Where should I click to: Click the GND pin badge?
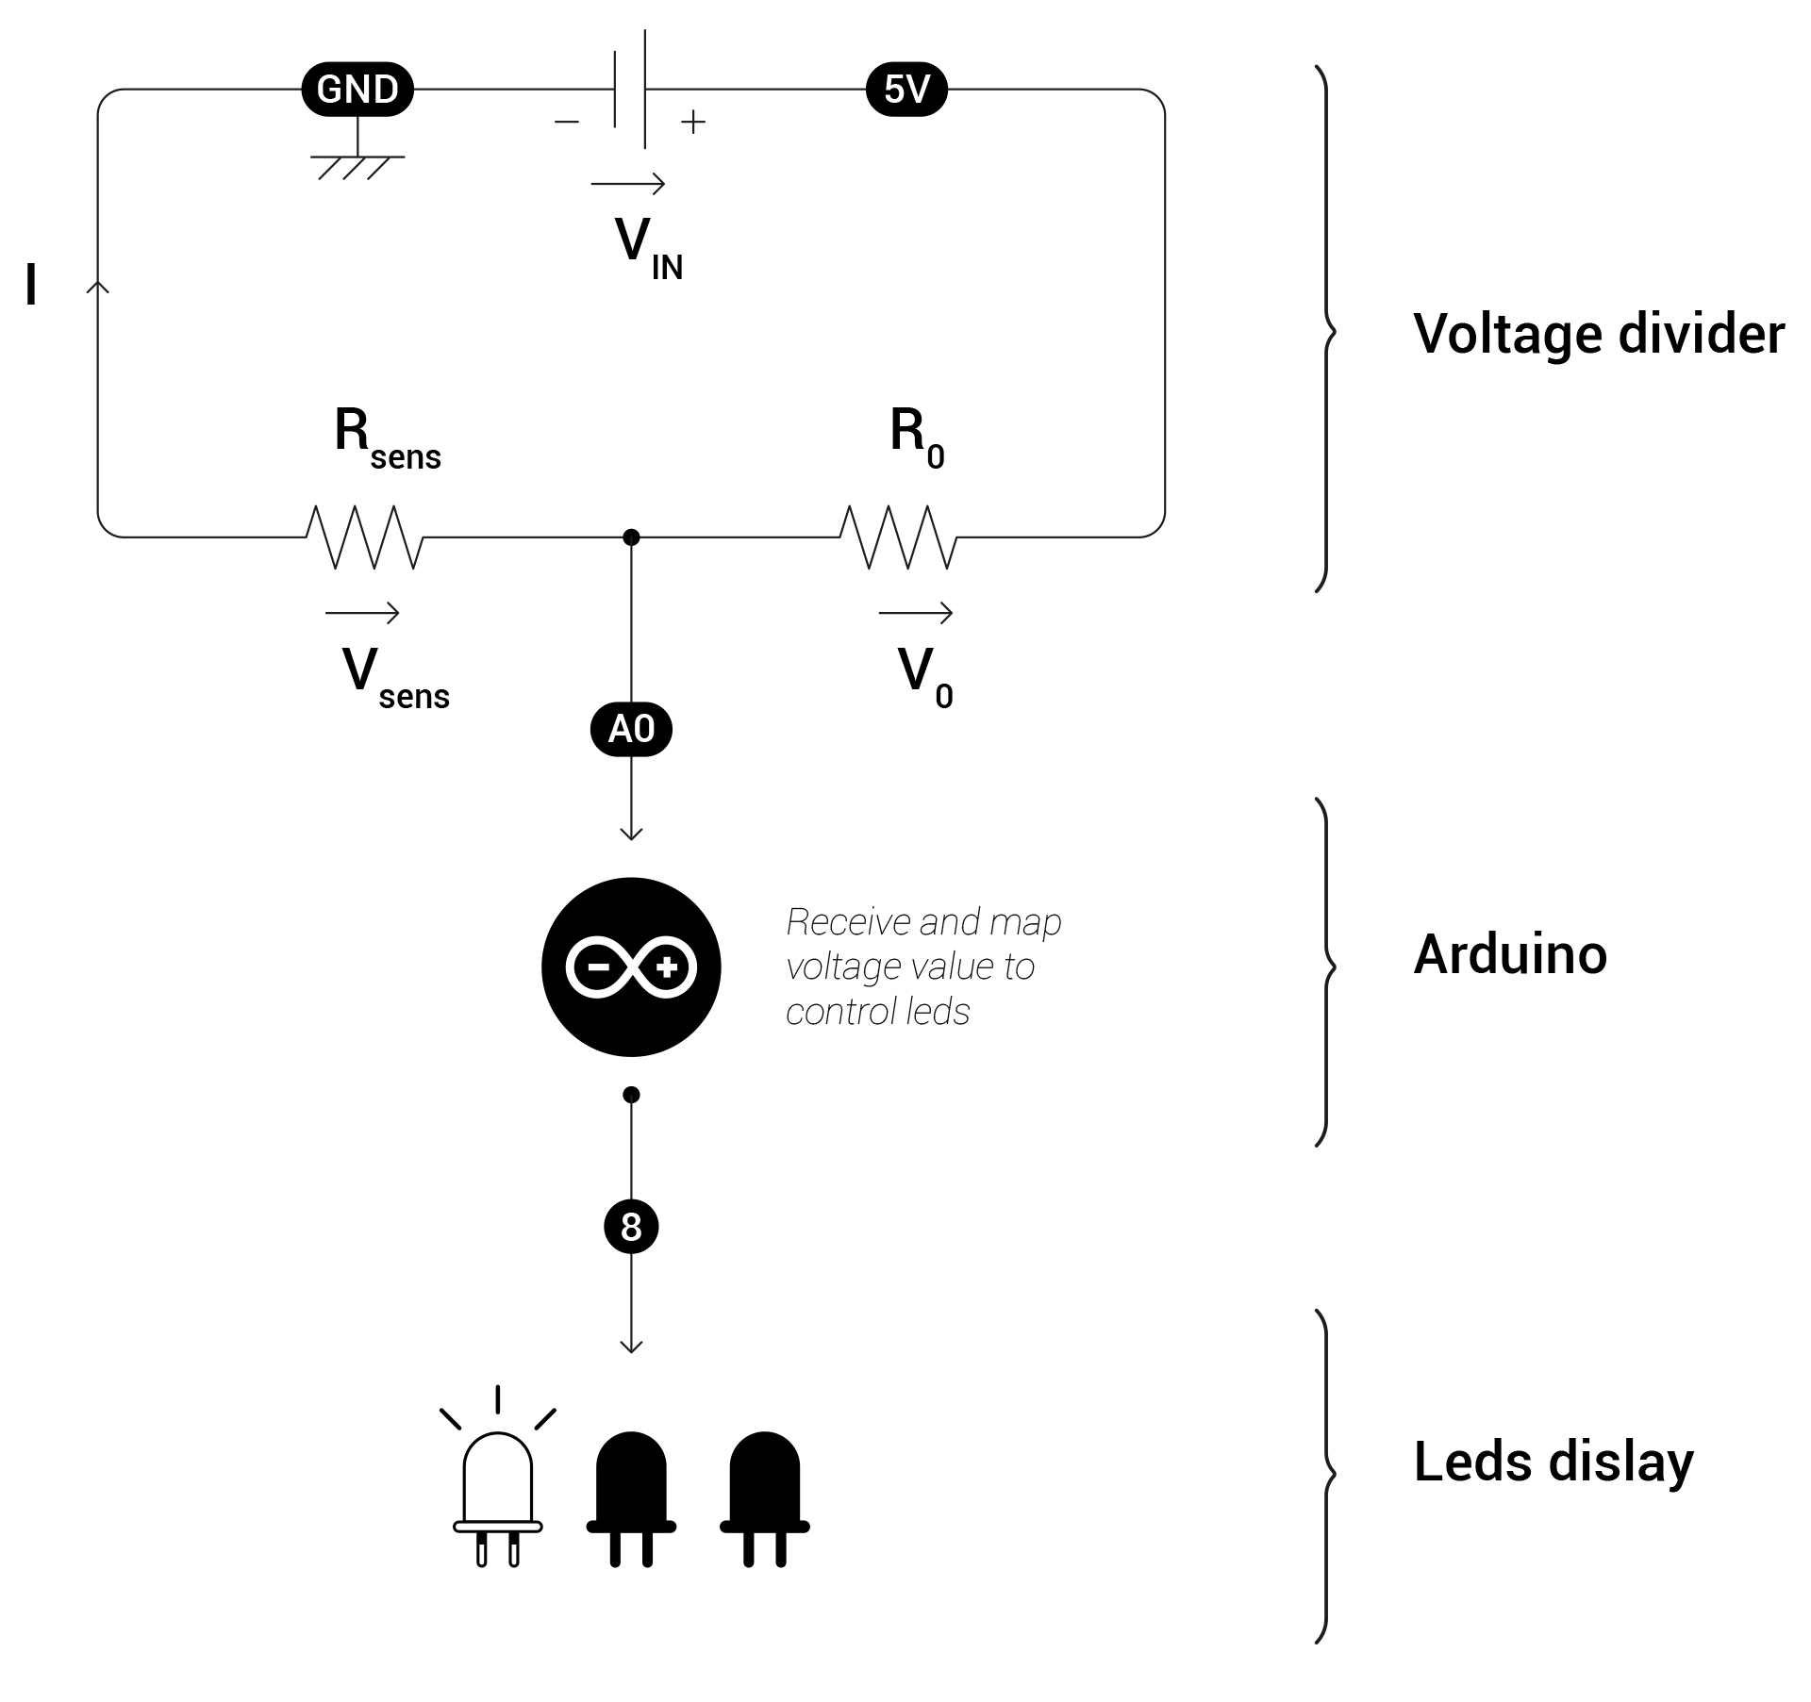coord(357,90)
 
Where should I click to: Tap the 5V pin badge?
coord(905,90)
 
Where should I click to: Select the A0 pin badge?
coord(631,729)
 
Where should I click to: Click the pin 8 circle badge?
coord(631,1227)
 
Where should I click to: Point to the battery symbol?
coord(630,90)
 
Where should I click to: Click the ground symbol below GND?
coord(357,164)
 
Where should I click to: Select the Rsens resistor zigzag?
coord(364,537)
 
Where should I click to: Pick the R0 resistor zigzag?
coord(898,537)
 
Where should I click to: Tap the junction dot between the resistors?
coord(631,537)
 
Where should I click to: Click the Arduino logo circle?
coord(631,967)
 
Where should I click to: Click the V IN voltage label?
coord(647,247)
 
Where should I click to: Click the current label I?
coord(31,285)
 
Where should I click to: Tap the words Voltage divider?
coord(1598,334)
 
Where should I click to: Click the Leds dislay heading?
coord(1553,1462)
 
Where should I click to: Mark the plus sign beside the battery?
coord(693,122)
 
